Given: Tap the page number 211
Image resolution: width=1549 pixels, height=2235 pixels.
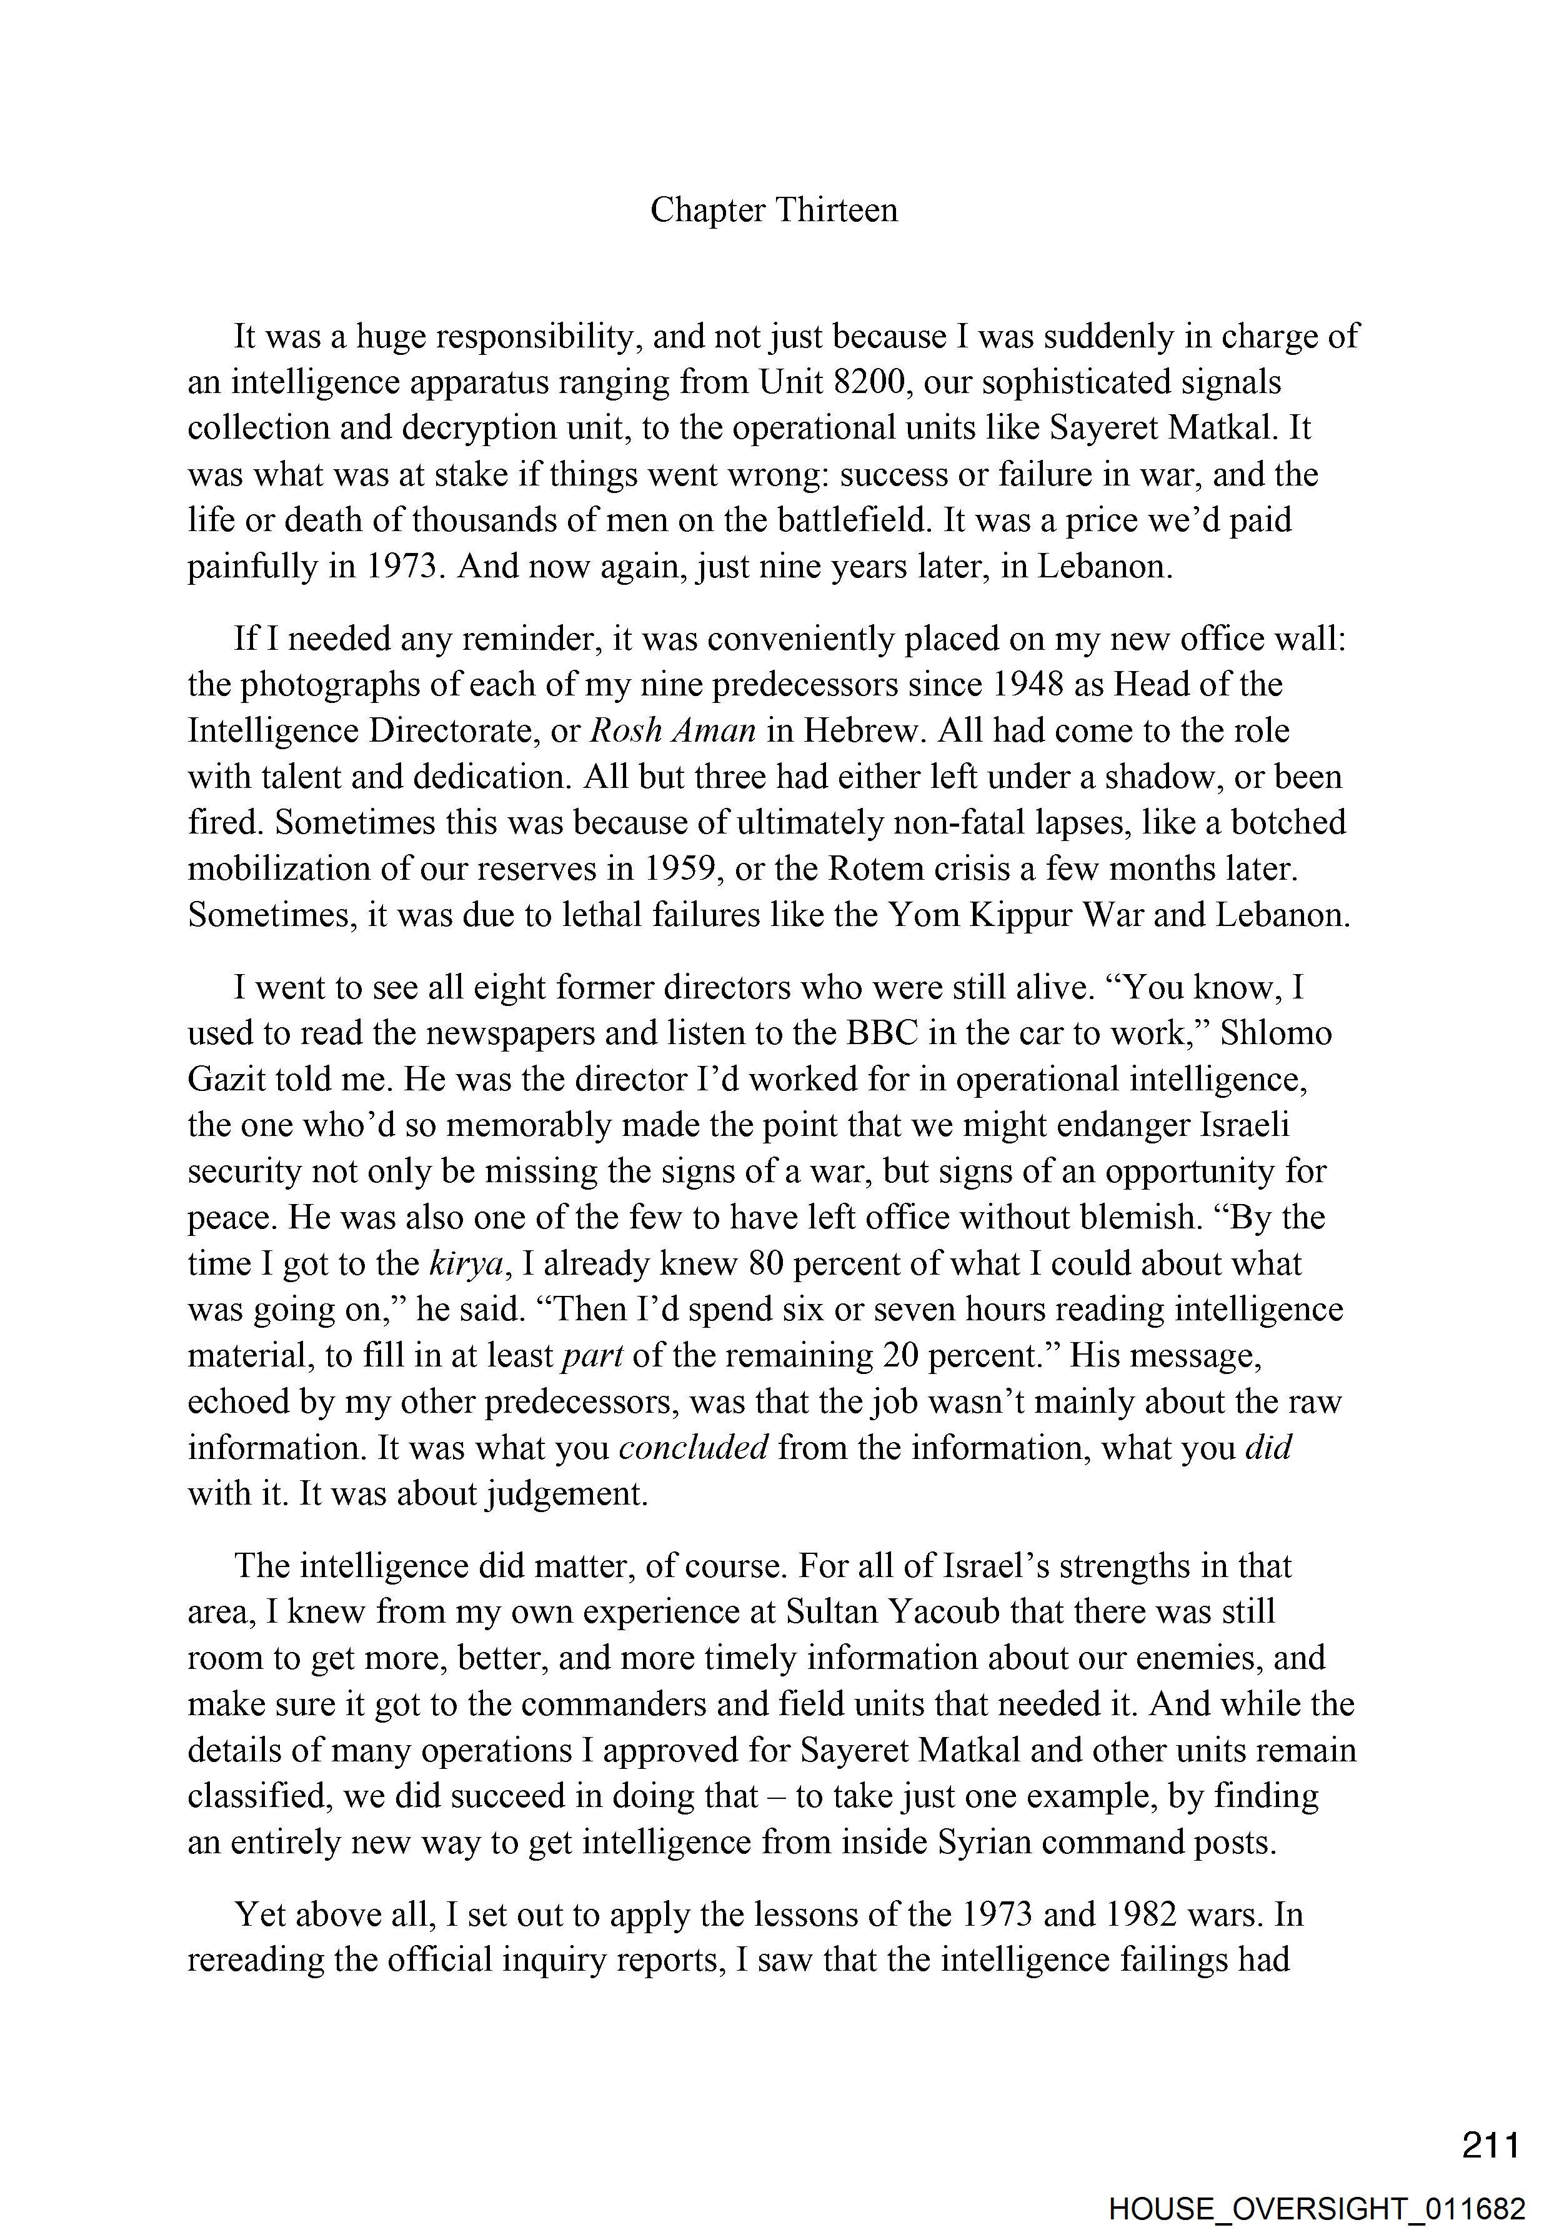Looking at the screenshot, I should tap(1491, 2144).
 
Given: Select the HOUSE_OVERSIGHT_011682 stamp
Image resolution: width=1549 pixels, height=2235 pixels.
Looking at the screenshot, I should tap(1317, 2208).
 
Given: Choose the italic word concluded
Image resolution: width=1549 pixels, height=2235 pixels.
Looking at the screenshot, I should tap(693, 1448).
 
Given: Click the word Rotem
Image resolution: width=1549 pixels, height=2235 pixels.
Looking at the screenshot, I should tap(872, 869).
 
